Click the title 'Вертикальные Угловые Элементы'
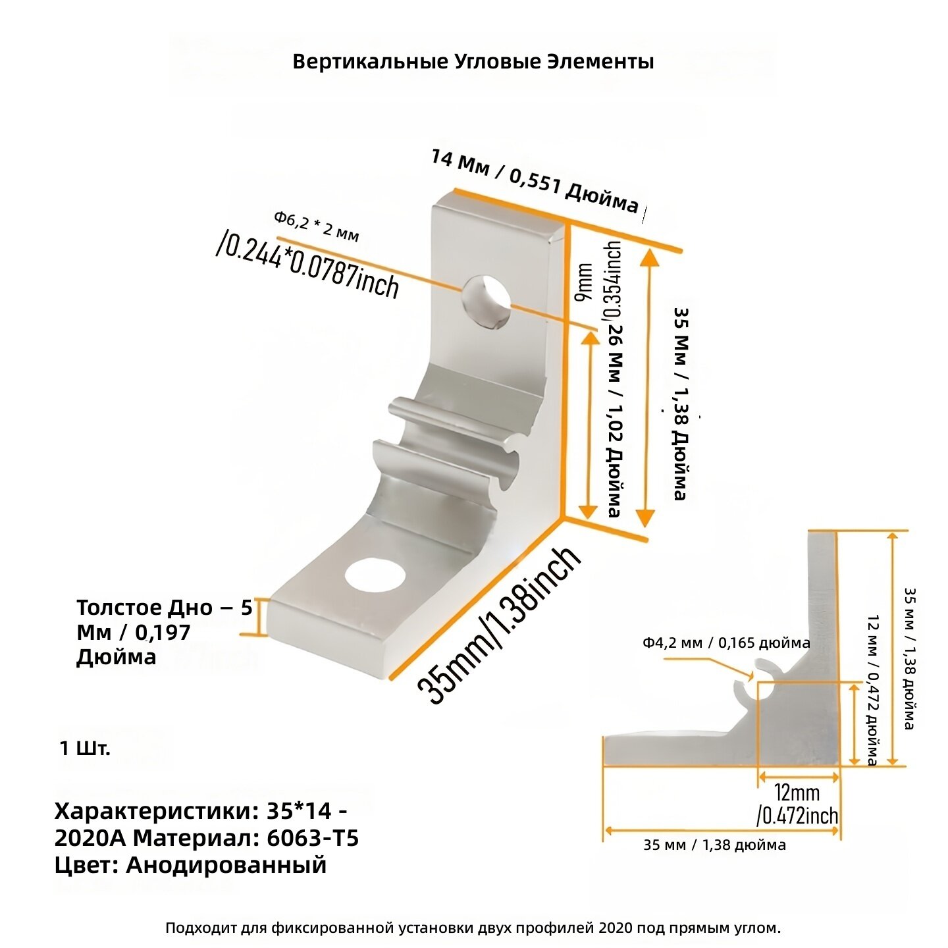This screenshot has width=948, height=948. point(473,62)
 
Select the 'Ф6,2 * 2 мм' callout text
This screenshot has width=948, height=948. point(316,226)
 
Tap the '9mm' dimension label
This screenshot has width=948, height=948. point(583,282)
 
